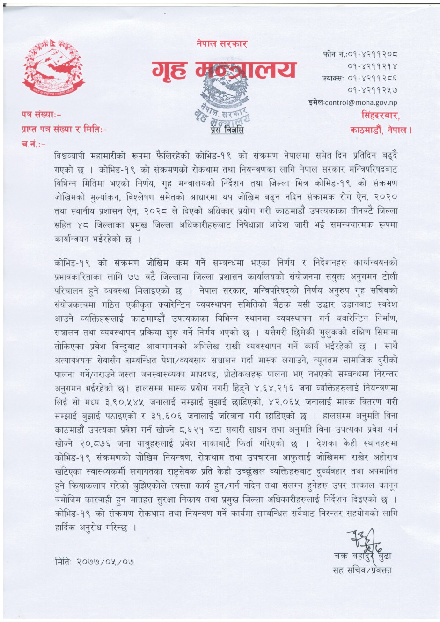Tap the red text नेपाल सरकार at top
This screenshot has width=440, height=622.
[222, 44]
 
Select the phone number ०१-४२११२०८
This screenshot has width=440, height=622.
[373, 55]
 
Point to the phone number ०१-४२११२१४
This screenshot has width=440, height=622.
[373, 66]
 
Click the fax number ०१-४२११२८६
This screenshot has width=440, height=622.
[373, 78]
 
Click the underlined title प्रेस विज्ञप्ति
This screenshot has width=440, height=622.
[224, 130]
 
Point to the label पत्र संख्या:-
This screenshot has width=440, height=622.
[41, 114]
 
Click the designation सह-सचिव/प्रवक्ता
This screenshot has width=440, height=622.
[362, 570]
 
